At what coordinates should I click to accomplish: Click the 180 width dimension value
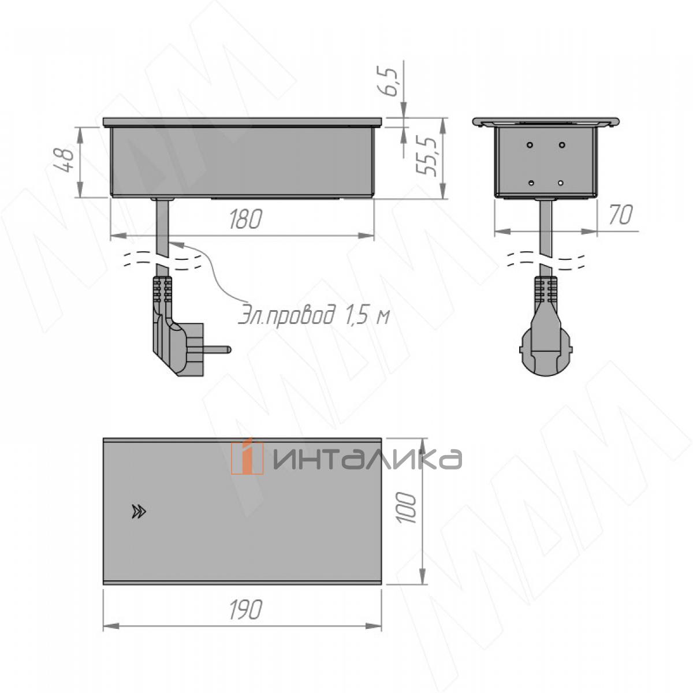pos(246,219)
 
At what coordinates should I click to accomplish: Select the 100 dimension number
pos(408,508)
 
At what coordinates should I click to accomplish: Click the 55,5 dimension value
pos(428,157)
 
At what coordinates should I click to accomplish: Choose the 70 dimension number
pos(621,215)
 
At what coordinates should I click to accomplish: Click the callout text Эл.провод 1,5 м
pos(314,316)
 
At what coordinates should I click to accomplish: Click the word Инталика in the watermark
pos(367,459)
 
